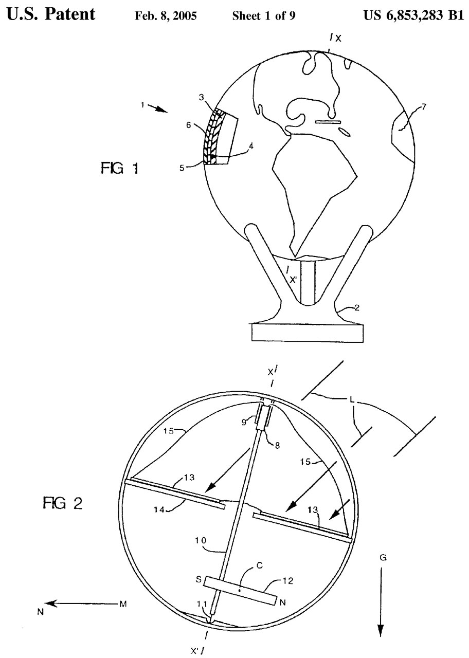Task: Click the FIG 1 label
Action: pyautogui.click(x=119, y=169)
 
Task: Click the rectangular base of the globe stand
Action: pyautogui.click(x=308, y=333)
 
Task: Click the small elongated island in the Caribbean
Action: pyautogui.click(x=328, y=122)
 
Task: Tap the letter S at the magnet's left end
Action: pyautogui.click(x=197, y=578)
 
